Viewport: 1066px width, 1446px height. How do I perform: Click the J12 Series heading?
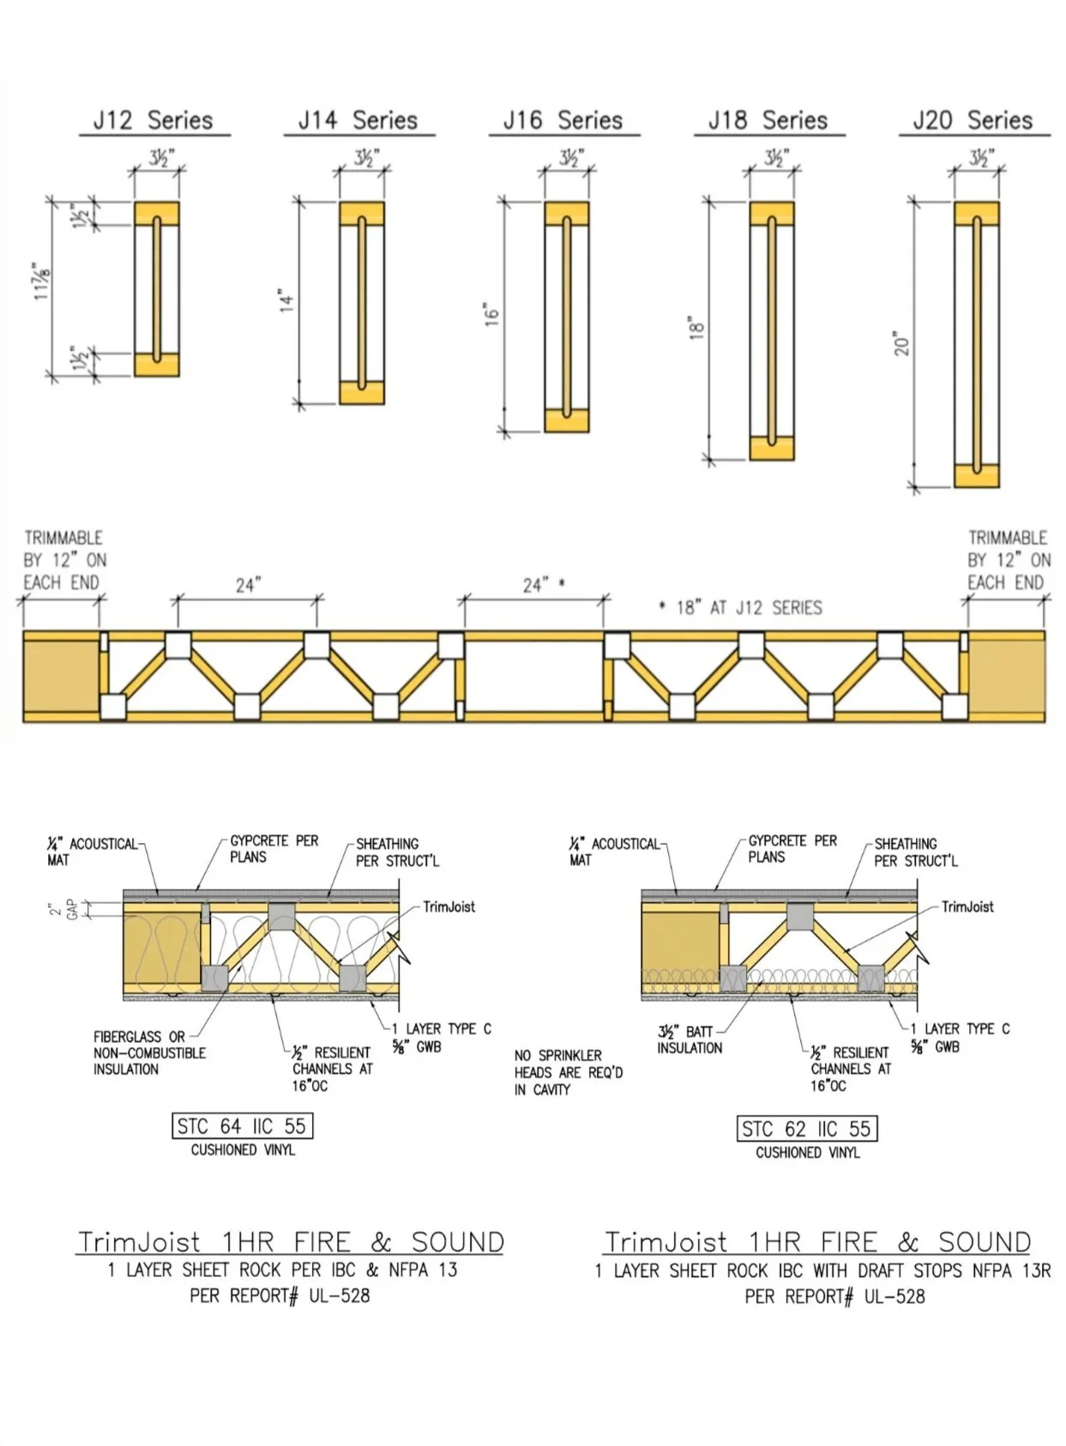153,120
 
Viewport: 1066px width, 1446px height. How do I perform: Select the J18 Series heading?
768,120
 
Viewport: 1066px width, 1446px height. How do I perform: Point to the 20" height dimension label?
900,344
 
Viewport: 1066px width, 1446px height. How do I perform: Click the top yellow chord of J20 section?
977,214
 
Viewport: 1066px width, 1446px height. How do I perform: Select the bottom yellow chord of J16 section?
567,420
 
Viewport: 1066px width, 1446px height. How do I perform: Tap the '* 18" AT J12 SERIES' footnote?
740,608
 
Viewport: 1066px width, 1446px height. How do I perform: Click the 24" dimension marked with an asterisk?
543,585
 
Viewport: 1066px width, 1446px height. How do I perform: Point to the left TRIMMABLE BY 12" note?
64,560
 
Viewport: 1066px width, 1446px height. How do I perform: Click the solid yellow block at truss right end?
1006,677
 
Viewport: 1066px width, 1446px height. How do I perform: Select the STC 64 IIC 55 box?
242,1126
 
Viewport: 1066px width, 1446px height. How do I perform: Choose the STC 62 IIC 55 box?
806,1129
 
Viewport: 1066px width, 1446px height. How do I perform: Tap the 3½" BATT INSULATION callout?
689,1039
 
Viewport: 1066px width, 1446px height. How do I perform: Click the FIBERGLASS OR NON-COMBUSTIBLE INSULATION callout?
149,1052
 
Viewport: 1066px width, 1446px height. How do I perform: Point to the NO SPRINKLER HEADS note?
568,1072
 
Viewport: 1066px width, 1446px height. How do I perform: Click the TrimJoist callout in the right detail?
967,907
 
